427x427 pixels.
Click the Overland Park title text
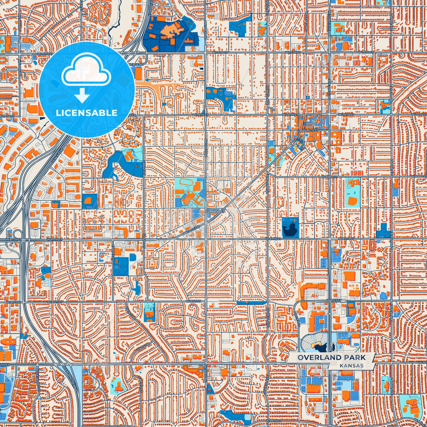pos(331,358)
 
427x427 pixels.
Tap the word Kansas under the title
pos(351,366)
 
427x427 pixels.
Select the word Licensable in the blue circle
pos(87,113)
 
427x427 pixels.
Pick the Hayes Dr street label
pos(130,312)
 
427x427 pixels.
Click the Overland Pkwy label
pos(70,378)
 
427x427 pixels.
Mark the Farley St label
pos(113,250)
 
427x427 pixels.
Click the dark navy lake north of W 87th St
pos(290,228)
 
